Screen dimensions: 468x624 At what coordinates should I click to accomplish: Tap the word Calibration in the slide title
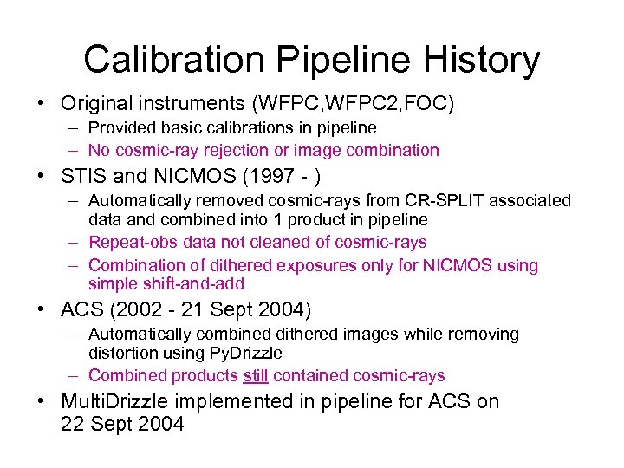(169, 60)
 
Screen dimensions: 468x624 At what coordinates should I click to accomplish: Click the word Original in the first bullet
(94, 104)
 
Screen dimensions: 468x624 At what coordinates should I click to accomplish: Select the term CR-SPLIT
(461, 200)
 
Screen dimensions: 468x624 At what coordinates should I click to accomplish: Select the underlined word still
(255, 375)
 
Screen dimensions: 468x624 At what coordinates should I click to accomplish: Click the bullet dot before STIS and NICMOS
(42, 178)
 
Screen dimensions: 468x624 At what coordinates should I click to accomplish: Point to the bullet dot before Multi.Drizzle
(42, 402)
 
